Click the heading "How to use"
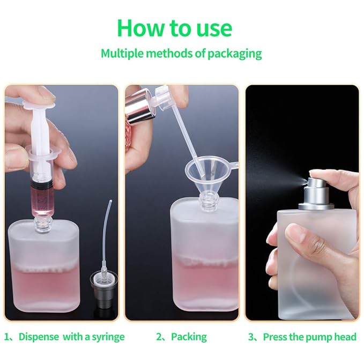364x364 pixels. (x=174, y=27)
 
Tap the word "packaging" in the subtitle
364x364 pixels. (x=234, y=53)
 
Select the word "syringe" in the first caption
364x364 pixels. (x=106, y=337)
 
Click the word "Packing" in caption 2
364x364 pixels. (x=189, y=337)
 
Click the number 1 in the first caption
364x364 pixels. (x=8, y=337)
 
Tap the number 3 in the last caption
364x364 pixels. (x=251, y=337)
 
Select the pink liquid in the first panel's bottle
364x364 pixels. (x=46, y=284)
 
